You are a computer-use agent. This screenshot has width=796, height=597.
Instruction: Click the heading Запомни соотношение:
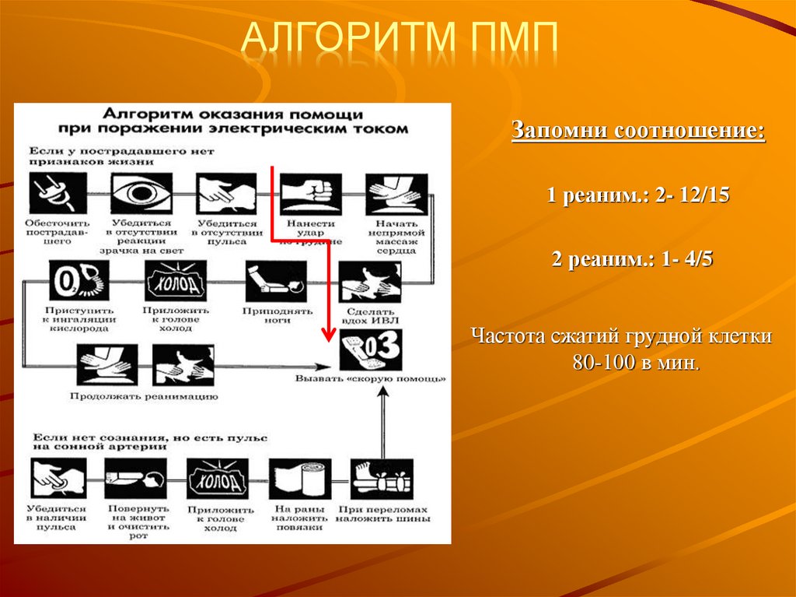(637, 131)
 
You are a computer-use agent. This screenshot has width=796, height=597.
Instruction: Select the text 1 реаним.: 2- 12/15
(637, 195)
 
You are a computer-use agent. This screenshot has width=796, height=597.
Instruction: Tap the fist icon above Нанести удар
(305, 193)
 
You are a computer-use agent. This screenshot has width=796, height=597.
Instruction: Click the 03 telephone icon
(370, 351)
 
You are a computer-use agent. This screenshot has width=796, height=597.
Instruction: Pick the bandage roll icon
(300, 478)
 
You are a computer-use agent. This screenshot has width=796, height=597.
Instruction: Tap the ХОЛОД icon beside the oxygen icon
(176, 281)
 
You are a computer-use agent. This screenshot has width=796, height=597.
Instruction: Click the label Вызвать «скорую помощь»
(370, 379)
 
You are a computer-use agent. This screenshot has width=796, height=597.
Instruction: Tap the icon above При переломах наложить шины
(381, 478)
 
